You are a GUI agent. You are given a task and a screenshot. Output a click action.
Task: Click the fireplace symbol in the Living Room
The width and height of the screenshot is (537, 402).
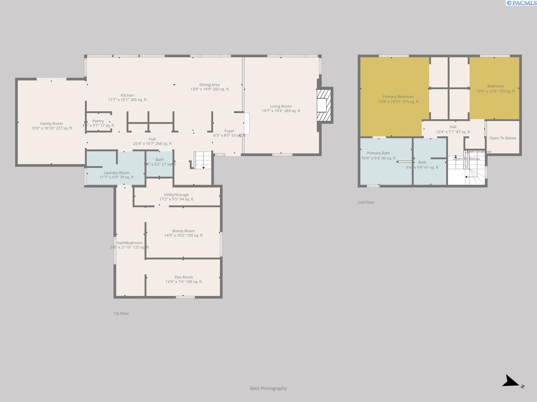(x=323, y=105)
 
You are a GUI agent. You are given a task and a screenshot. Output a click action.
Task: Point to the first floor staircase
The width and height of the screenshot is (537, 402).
(x=202, y=160)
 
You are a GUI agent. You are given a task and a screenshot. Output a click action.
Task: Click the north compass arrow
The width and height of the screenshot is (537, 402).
(x=511, y=382)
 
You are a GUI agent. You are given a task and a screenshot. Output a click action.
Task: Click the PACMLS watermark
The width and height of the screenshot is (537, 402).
(x=521, y=3)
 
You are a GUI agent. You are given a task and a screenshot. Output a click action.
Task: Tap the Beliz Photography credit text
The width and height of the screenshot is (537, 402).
(x=268, y=388)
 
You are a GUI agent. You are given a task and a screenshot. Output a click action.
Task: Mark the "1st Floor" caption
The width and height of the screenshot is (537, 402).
(x=121, y=314)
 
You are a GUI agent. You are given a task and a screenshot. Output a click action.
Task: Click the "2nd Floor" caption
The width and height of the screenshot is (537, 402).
(x=366, y=202)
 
